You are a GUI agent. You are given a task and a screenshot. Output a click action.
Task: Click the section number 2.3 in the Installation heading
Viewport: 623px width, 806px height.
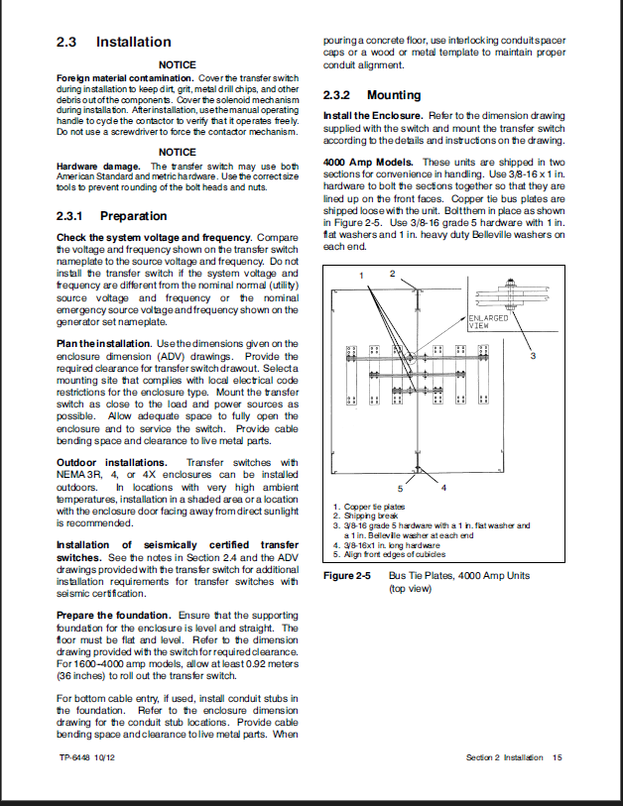[x=67, y=43]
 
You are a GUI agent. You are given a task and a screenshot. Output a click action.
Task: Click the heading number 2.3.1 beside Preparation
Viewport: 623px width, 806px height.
[x=72, y=216]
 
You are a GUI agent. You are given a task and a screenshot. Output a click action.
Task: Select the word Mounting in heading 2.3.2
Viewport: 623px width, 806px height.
[x=394, y=95]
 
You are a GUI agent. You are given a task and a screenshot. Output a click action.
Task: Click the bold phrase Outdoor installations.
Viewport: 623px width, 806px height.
[x=112, y=463]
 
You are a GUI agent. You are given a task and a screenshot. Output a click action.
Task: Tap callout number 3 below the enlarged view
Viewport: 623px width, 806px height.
[x=533, y=354]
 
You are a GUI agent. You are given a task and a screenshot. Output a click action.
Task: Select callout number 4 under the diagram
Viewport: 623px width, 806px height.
[x=443, y=488]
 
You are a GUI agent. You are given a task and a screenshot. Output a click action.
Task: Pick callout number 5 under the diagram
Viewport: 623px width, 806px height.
[x=400, y=488]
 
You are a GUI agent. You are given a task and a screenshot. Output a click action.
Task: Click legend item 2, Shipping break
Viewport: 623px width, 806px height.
[x=366, y=517]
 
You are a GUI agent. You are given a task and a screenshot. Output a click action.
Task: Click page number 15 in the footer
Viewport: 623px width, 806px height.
[x=558, y=757]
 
